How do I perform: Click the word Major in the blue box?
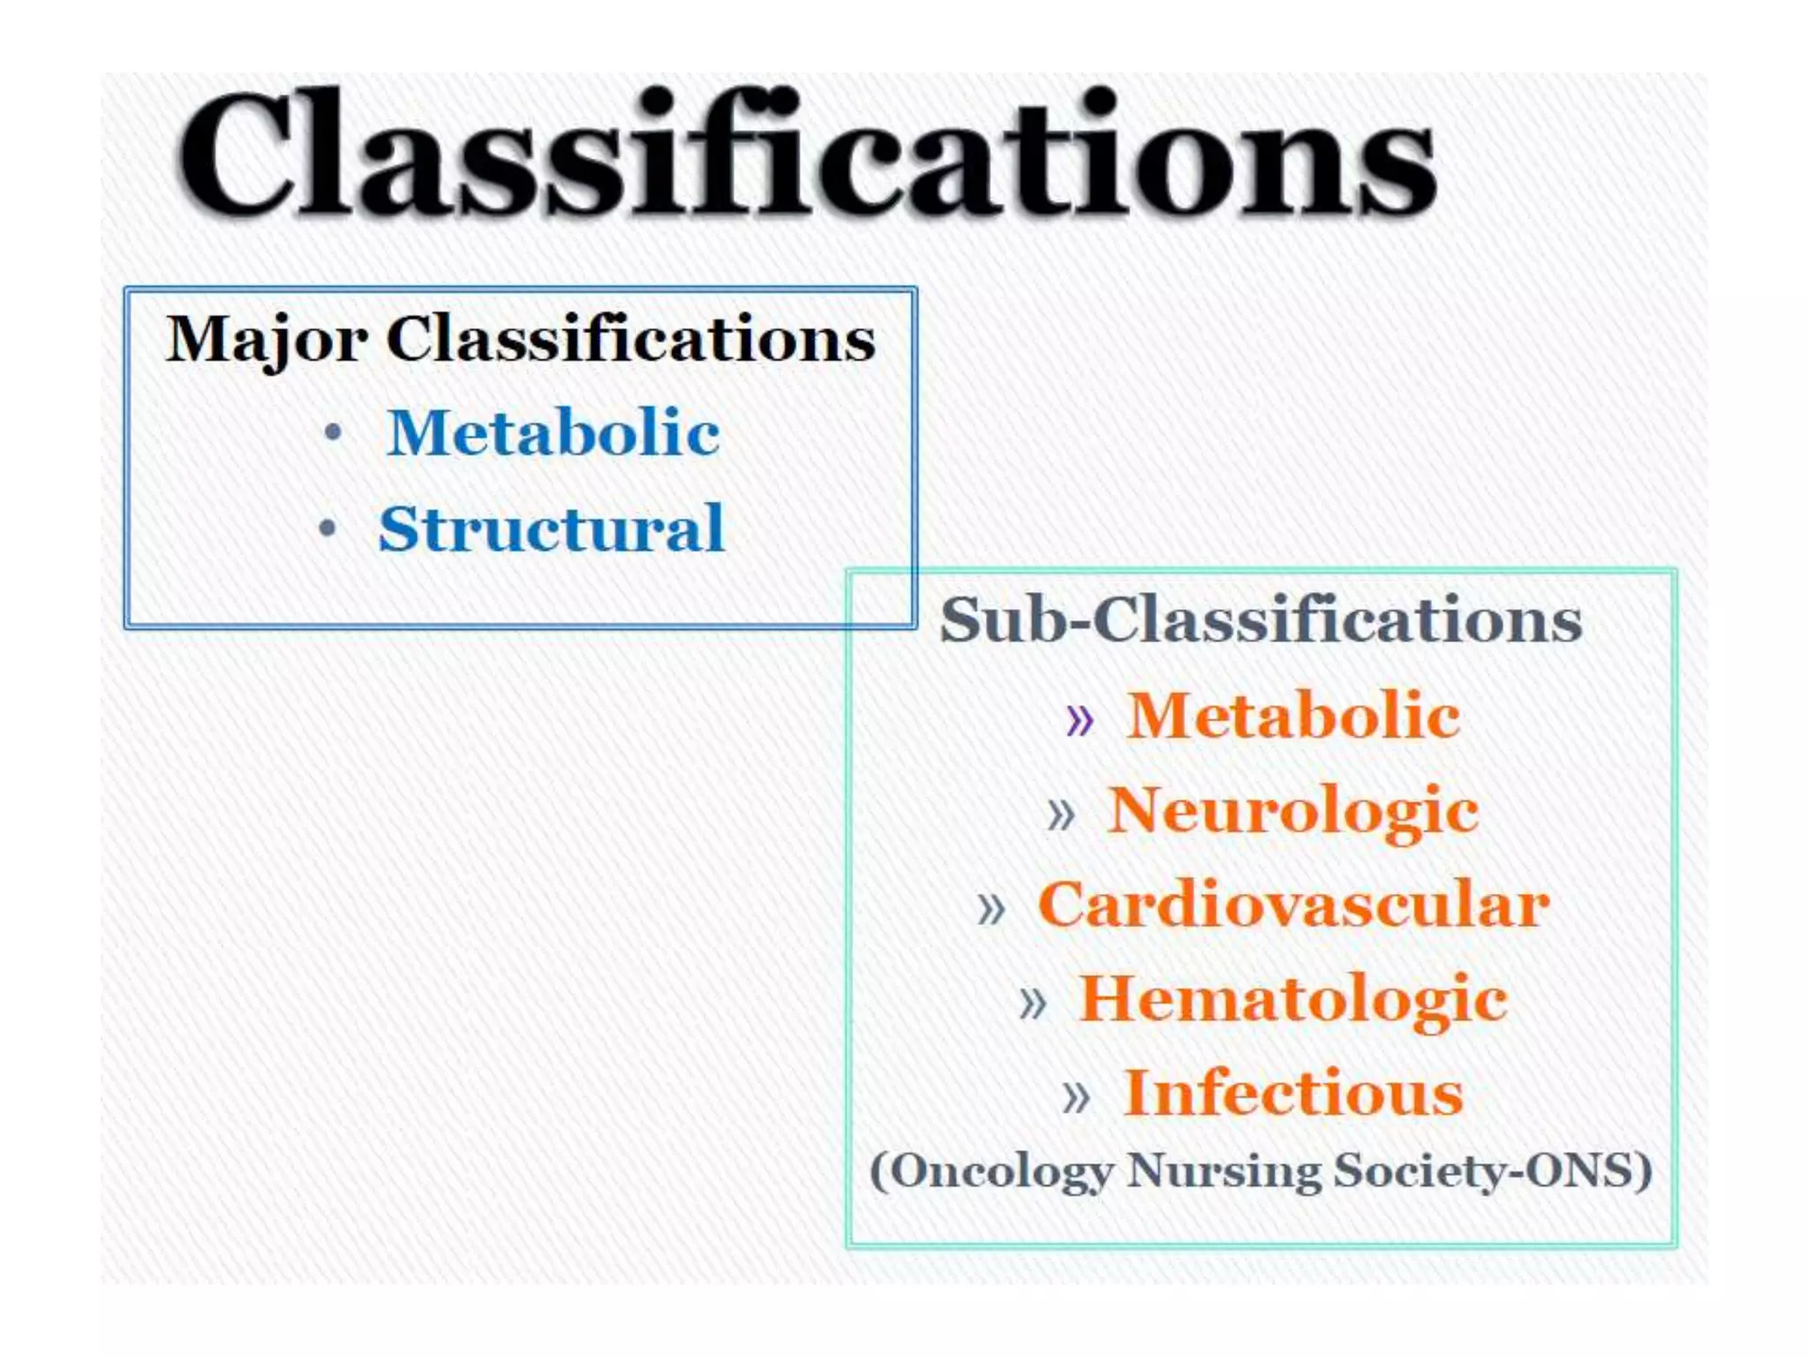click(266, 340)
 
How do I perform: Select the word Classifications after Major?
click(631, 338)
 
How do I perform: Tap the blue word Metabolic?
click(553, 433)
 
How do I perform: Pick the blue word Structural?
click(552, 528)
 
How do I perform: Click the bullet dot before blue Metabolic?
click(332, 433)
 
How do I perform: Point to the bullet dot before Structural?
click(328, 528)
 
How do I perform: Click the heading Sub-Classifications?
click(1260, 619)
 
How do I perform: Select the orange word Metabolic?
click(1293, 715)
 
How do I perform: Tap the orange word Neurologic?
click(1293, 810)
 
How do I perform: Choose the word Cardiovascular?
click(1293, 905)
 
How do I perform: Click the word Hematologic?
click(1293, 999)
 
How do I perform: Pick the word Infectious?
click(1293, 1094)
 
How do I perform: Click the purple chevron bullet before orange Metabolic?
click(1079, 720)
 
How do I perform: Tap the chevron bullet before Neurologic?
click(1060, 815)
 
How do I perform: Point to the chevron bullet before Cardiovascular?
click(991, 909)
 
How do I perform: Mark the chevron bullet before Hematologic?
click(1032, 1004)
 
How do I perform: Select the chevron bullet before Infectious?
click(1076, 1098)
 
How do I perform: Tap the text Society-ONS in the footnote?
click(1492, 1171)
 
